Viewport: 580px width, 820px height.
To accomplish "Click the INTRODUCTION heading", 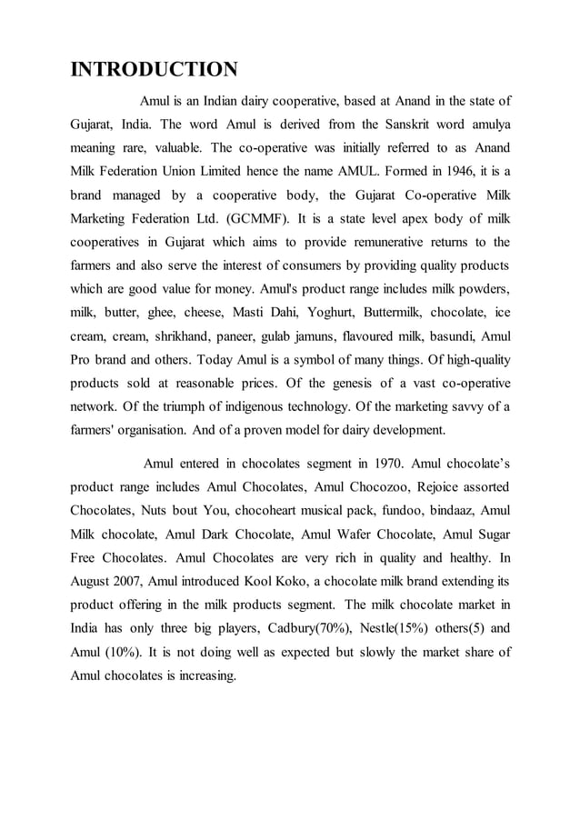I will (155, 69).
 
